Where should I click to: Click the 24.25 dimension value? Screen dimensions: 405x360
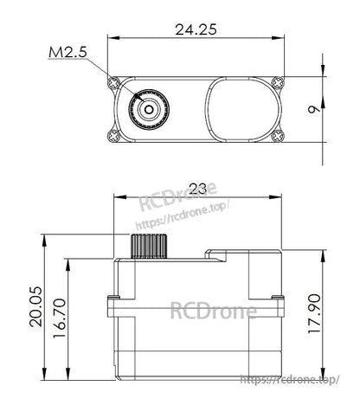pyautogui.click(x=194, y=29)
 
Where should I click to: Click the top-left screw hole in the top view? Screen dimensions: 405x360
pyautogui.click(x=112, y=83)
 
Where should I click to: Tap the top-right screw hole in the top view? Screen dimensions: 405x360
pyautogui.click(x=276, y=83)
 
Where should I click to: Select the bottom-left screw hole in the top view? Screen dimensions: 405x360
pyautogui.click(x=112, y=136)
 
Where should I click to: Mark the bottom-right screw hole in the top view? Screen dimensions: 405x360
pyautogui.click(x=276, y=136)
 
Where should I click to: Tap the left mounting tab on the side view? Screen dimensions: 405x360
pyautogui.click(x=111, y=304)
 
